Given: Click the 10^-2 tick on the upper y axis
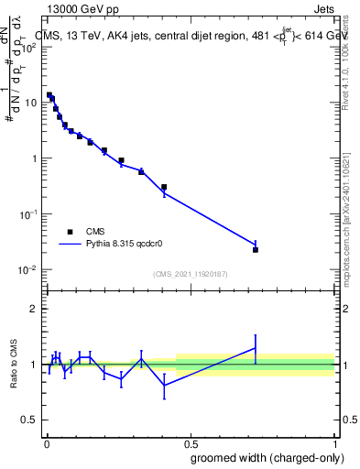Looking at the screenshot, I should [x=28, y=269].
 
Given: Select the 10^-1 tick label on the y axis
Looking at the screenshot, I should [x=28, y=213].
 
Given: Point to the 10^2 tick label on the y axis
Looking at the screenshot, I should [x=28, y=48].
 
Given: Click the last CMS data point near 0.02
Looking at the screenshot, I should [x=256, y=249].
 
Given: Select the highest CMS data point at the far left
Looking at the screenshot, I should [x=49, y=94].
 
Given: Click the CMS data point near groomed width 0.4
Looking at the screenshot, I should [x=164, y=188].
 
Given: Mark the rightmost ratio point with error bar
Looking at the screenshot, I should [x=256, y=347].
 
